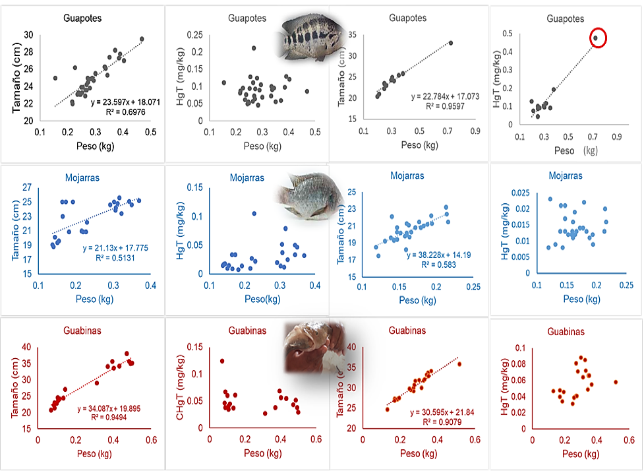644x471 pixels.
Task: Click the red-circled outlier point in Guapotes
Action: click(595, 38)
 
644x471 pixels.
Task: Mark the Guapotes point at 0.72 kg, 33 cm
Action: click(451, 43)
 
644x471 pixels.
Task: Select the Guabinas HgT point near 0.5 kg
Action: click(616, 382)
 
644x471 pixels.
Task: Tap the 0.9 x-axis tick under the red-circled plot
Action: click(618, 137)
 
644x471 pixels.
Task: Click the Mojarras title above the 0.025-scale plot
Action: click(566, 176)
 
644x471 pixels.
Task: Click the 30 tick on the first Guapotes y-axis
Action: click(28, 35)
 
